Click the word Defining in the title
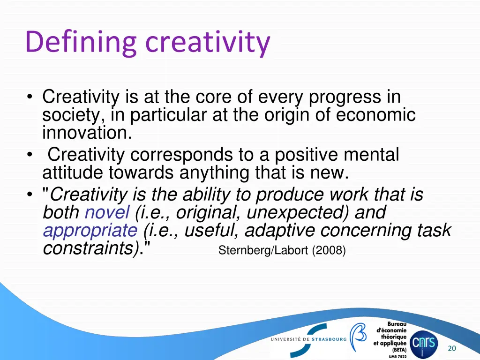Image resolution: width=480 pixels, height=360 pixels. point(80,42)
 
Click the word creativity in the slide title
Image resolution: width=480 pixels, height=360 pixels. point(208,42)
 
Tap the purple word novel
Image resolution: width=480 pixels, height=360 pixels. point(107,213)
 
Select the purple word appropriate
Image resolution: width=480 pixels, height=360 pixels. point(90,231)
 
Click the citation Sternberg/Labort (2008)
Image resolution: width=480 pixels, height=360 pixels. point(282,251)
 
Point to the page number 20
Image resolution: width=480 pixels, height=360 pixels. point(452,348)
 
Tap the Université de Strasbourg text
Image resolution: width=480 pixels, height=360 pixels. point(308,339)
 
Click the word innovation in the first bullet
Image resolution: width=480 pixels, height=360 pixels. point(87,133)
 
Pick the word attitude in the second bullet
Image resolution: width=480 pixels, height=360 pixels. point(73,173)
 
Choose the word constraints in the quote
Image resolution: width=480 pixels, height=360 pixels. point(91,248)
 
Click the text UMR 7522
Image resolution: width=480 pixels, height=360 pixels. point(397,357)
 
